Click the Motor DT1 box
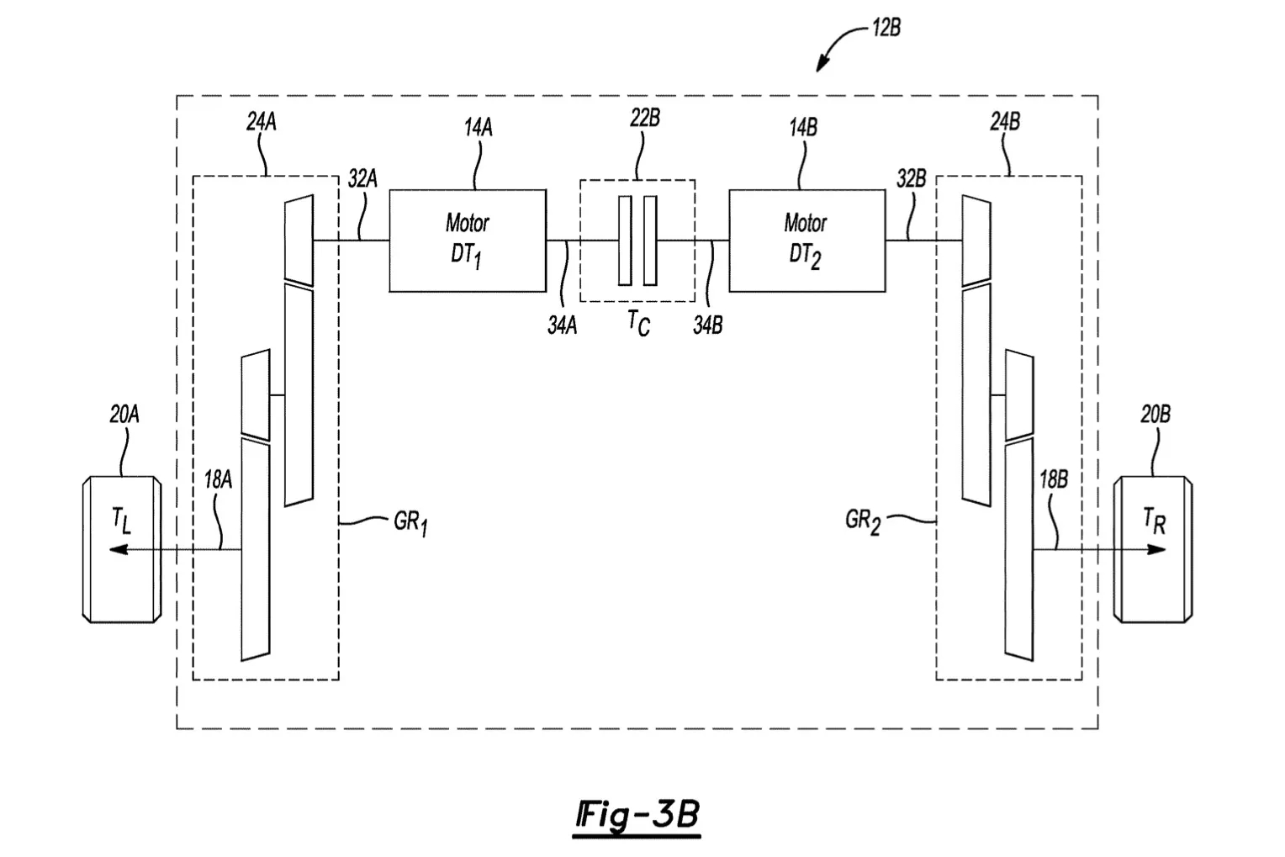[x=468, y=241]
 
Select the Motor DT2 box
[x=807, y=241]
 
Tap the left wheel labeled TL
[x=122, y=549]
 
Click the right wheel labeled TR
[x=1153, y=549]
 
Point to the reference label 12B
[x=886, y=28]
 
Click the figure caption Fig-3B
[x=637, y=816]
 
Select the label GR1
[x=410, y=523]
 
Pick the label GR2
[x=862, y=521]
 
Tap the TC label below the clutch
[x=638, y=323]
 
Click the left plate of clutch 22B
[x=626, y=241]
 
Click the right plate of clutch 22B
[x=650, y=241]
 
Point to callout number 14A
[x=479, y=127]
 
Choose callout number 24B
[x=1005, y=122]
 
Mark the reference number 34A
[x=562, y=325]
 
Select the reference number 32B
[x=911, y=179]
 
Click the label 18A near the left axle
[x=218, y=479]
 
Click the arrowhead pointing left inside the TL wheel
[x=118, y=549]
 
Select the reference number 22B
[x=645, y=119]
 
